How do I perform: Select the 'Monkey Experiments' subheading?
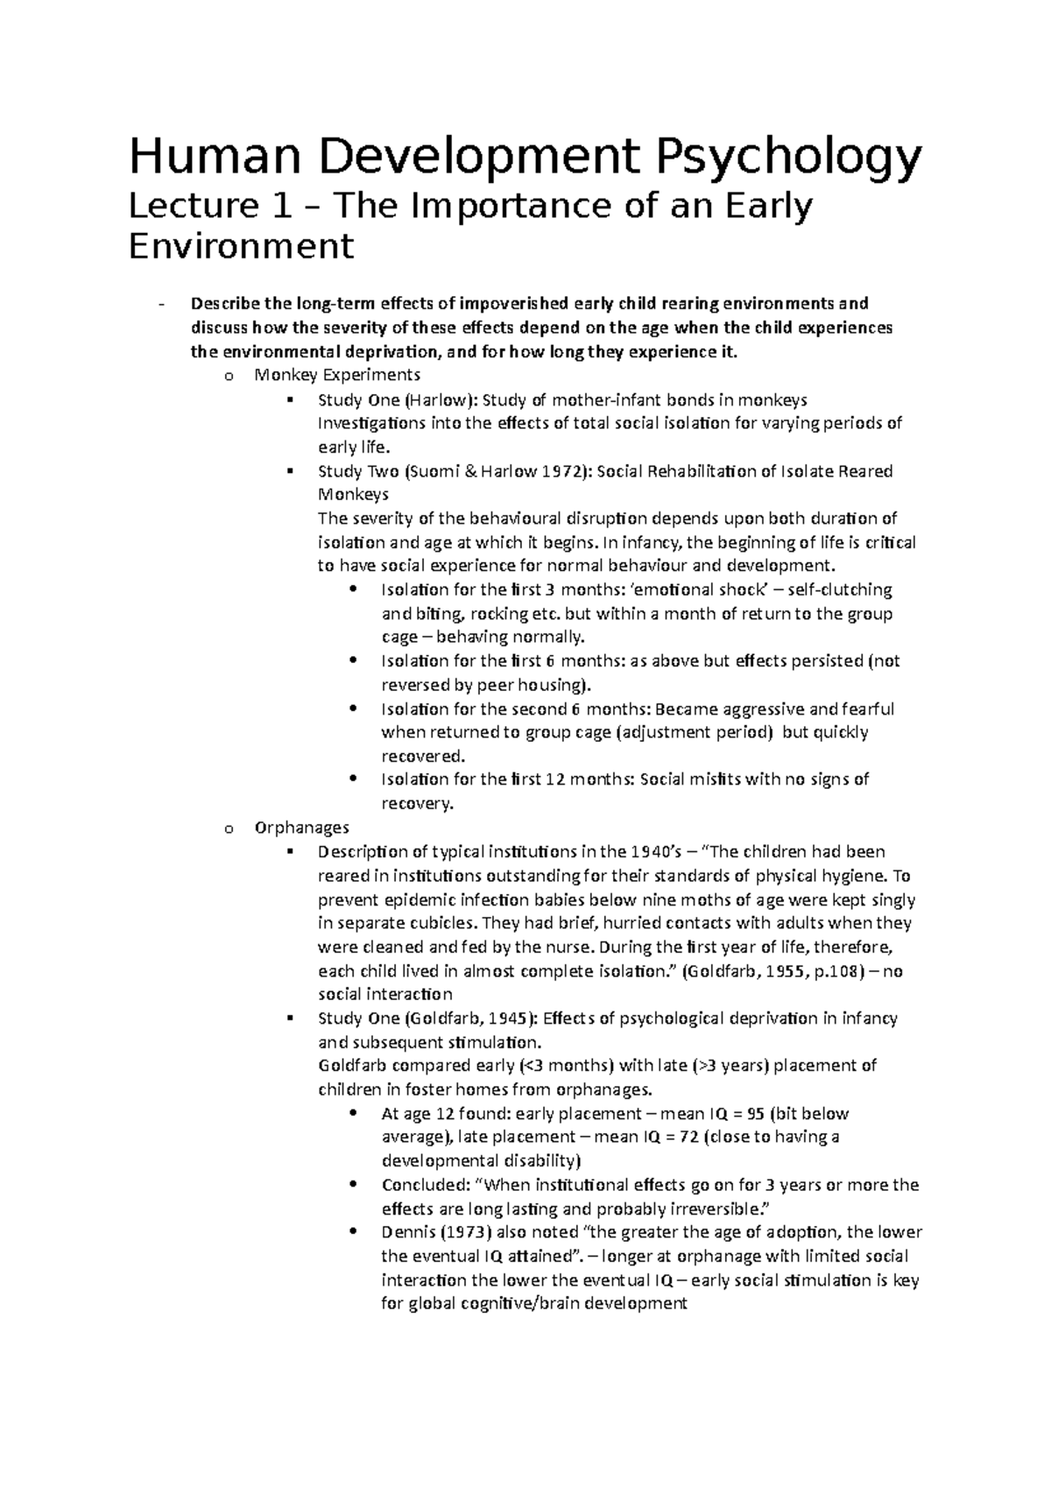[x=337, y=375]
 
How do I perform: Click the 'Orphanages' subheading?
[x=301, y=827]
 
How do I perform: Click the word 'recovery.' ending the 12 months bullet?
[x=418, y=803]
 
